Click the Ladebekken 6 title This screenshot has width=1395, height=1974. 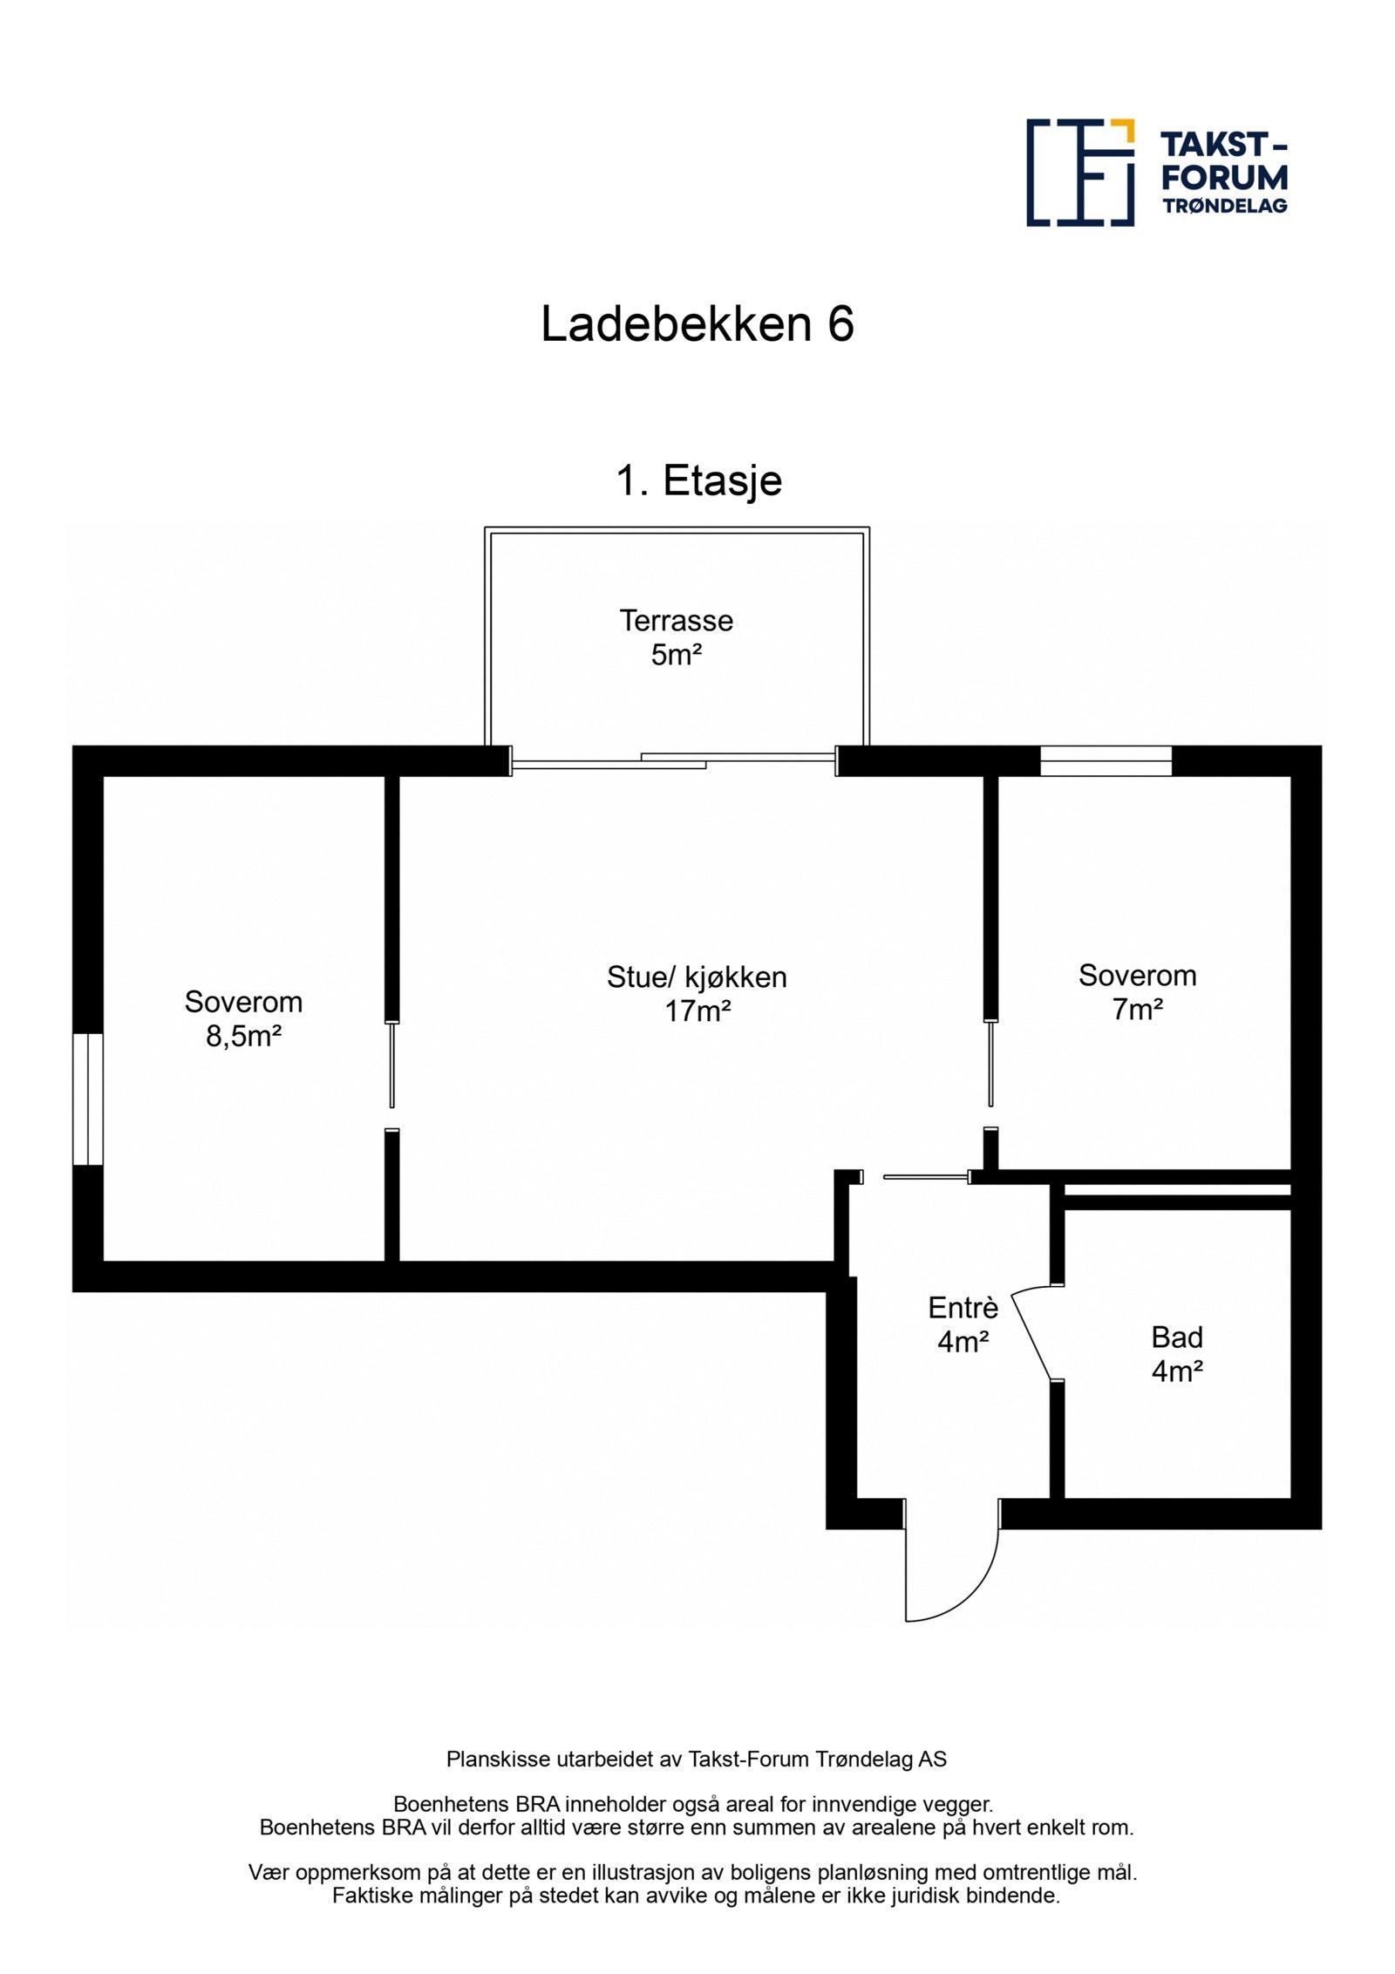697,324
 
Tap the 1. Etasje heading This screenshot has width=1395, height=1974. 698,480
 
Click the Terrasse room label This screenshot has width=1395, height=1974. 676,621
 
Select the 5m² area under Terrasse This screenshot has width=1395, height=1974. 676,655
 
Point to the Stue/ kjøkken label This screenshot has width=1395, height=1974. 697,977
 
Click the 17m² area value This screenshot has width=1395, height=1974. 697,1011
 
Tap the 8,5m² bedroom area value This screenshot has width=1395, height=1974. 243,1037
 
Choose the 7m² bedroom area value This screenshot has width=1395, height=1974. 1137,1010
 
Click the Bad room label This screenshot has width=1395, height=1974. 1176,1337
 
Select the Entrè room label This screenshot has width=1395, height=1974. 963,1308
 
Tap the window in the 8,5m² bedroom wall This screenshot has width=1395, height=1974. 87,1099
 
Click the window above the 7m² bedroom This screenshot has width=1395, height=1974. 1105,761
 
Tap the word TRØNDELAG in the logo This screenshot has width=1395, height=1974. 1224,206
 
